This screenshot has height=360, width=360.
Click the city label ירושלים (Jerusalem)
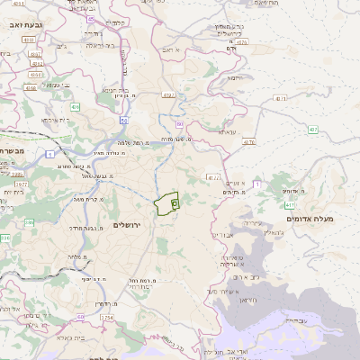[129, 222]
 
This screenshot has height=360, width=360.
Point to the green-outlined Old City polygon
[166, 205]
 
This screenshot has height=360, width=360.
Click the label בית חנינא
[116, 89]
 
